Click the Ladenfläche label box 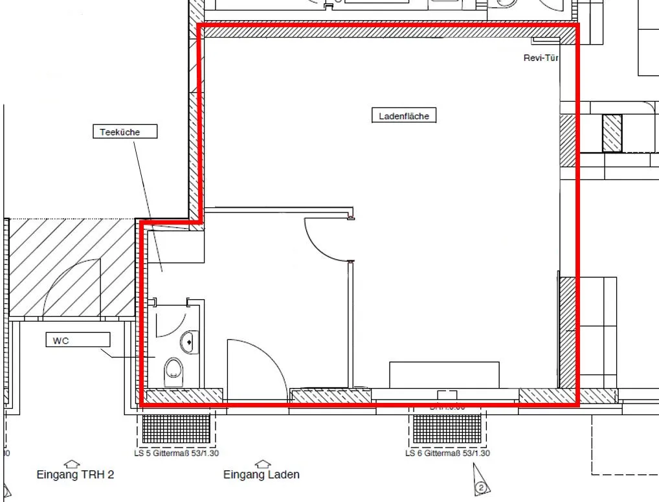click(x=404, y=116)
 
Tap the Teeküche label click(x=120, y=132)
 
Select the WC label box click(x=78, y=339)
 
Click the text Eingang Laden click(x=262, y=475)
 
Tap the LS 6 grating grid click(x=447, y=428)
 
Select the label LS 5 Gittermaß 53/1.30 click(x=176, y=453)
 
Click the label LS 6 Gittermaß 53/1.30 click(x=447, y=453)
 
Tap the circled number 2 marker click(x=481, y=486)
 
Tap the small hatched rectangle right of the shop click(x=612, y=133)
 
